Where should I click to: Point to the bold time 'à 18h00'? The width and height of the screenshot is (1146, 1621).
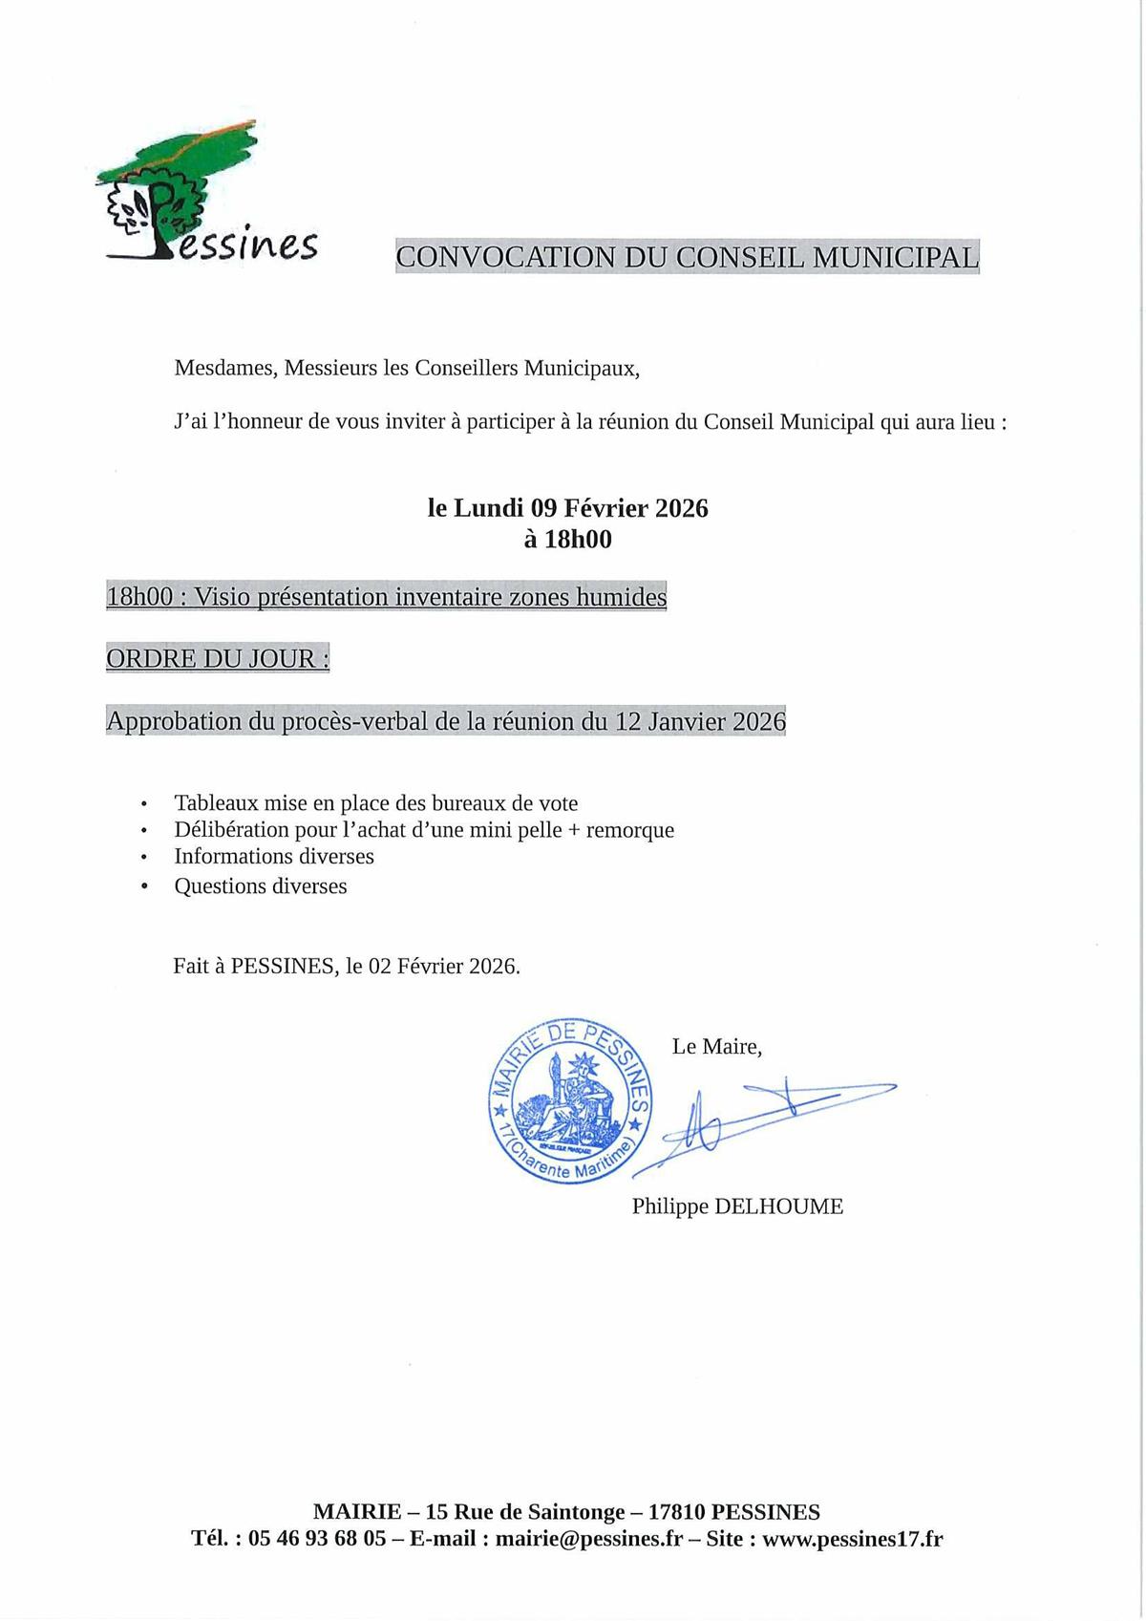click(x=567, y=540)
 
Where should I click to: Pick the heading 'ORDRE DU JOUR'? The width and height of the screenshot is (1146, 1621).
click(x=217, y=659)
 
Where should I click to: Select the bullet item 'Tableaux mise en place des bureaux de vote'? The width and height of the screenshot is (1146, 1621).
click(x=375, y=803)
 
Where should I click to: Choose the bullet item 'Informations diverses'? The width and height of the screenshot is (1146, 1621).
click(x=273, y=857)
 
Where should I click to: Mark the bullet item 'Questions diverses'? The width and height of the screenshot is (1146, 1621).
click(x=260, y=886)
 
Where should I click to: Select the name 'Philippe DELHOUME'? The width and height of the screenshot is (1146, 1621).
click(x=737, y=1206)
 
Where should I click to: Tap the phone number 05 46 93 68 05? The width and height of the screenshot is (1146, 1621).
click(x=317, y=1539)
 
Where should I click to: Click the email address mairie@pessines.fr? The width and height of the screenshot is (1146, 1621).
click(x=589, y=1539)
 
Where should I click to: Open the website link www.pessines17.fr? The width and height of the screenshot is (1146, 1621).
click(x=852, y=1539)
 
